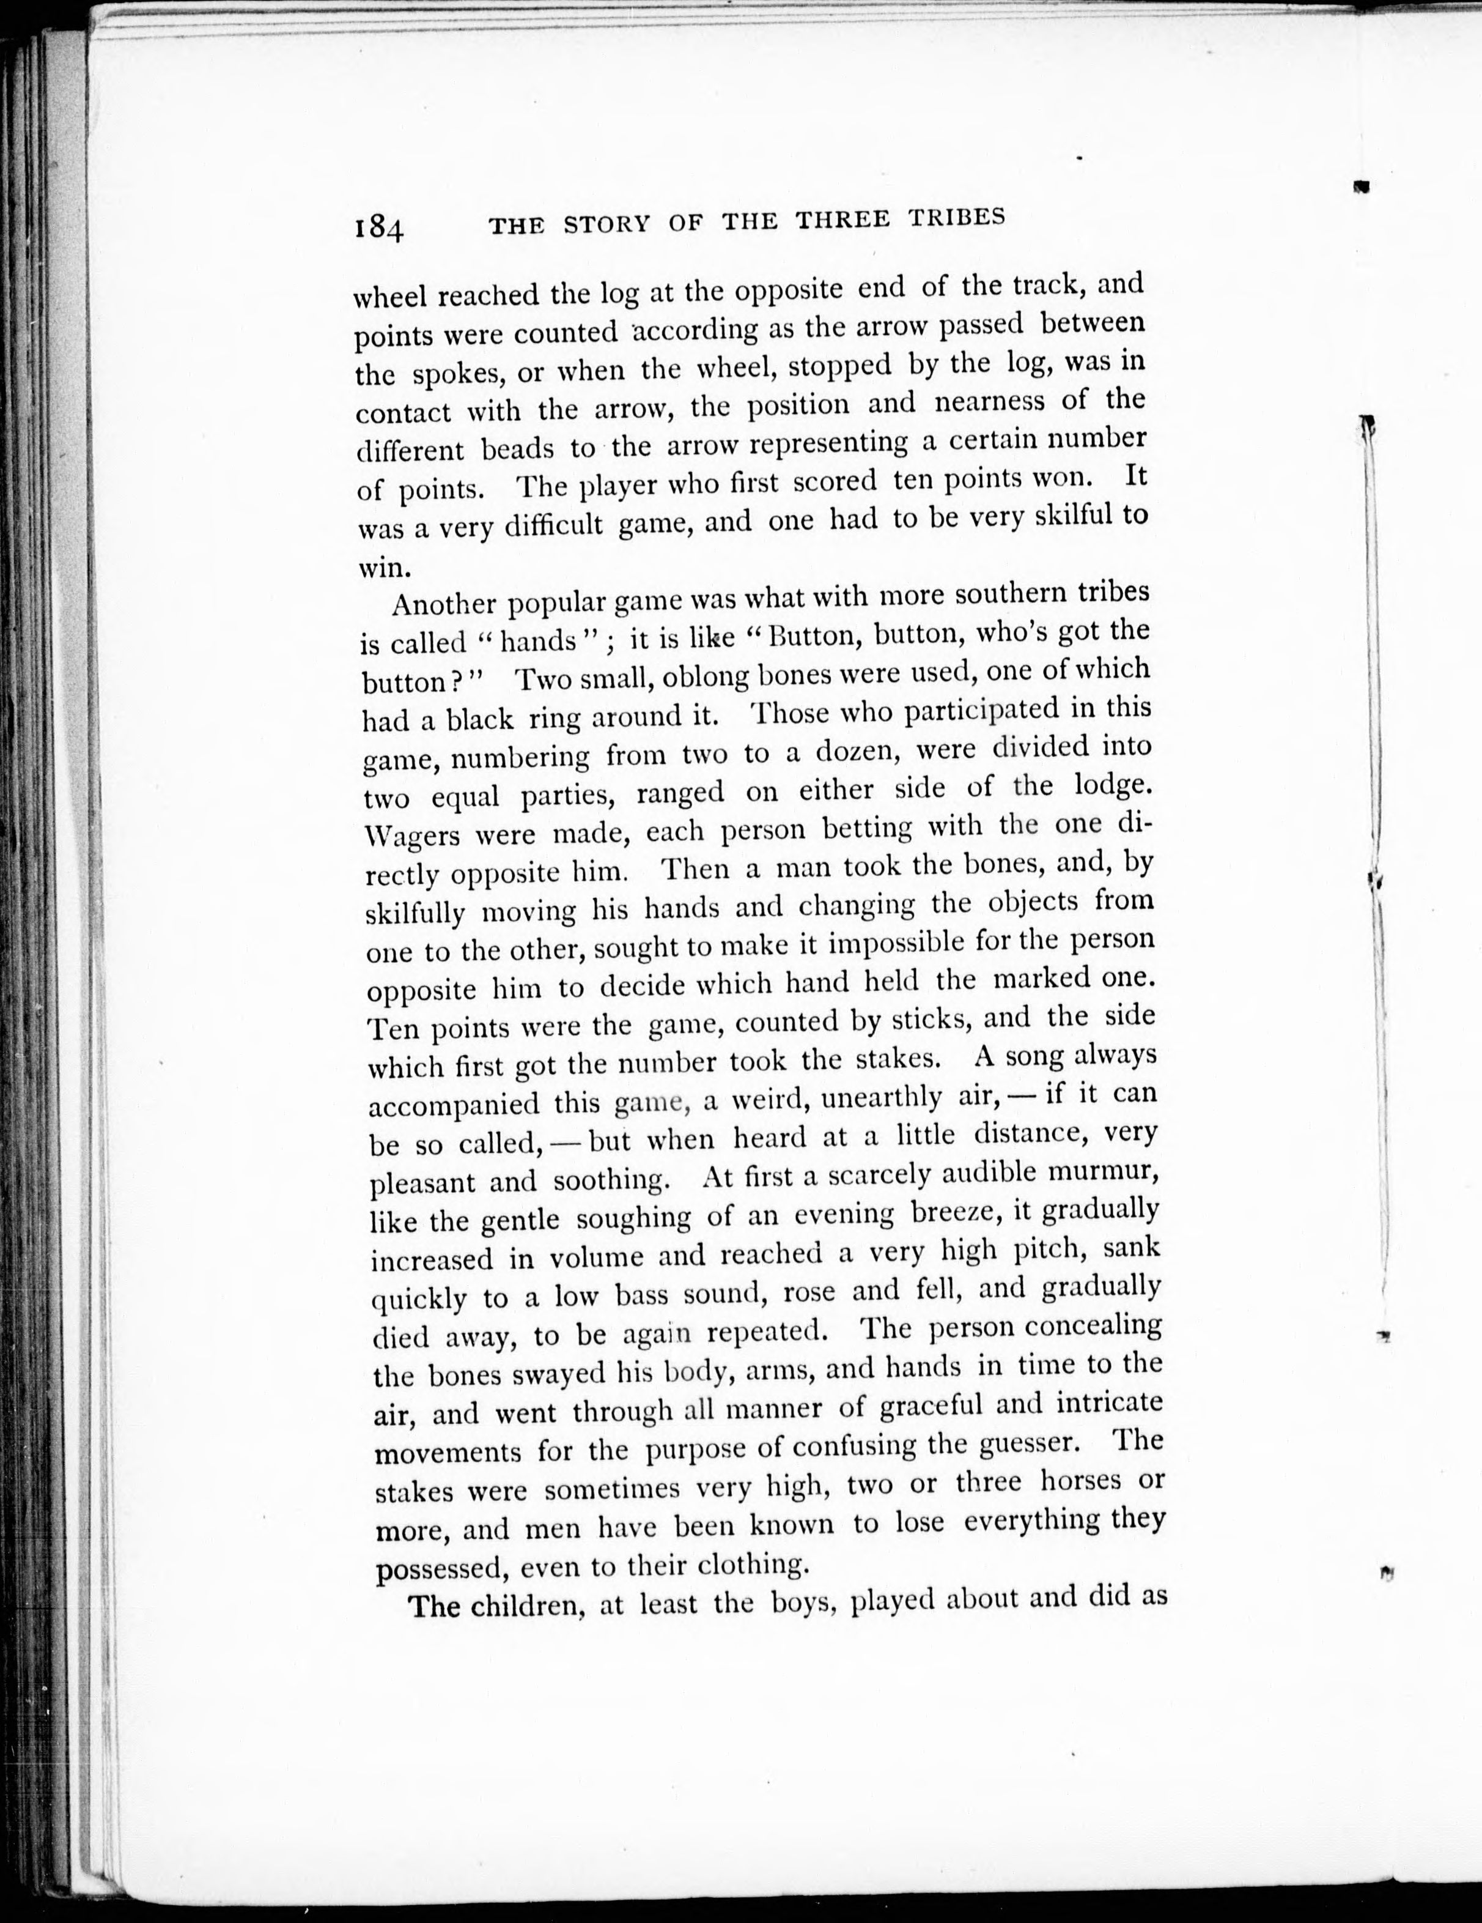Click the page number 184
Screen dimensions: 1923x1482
379,228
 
